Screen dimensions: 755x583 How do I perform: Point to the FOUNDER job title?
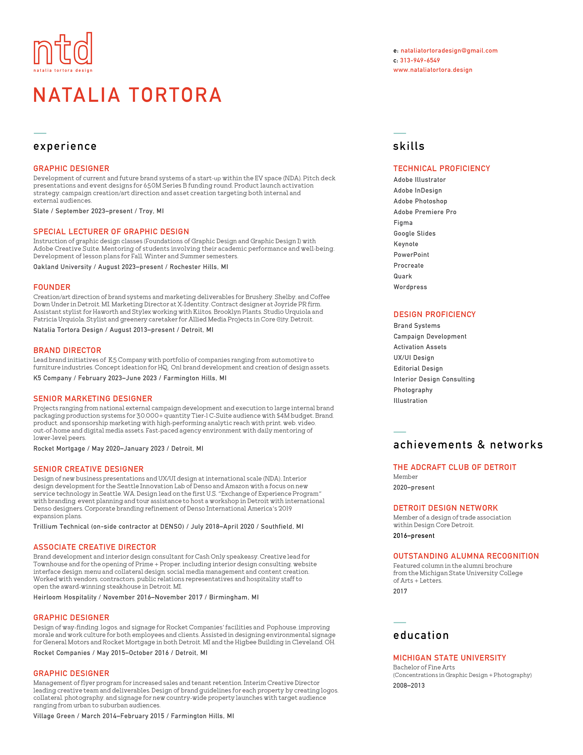[52, 287]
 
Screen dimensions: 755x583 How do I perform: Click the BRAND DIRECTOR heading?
[67, 350]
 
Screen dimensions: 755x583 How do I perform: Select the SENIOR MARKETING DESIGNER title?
[93, 399]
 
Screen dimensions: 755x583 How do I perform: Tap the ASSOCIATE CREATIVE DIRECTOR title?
[95, 547]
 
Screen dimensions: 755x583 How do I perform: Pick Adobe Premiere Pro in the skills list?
[425, 212]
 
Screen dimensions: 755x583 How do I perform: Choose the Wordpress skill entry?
[410, 287]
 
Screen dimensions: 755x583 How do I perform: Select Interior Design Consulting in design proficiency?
[434, 379]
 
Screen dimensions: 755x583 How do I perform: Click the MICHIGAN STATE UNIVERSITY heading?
[449, 658]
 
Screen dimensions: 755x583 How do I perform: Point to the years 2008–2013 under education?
[409, 685]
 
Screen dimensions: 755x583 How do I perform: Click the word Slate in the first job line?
[41, 211]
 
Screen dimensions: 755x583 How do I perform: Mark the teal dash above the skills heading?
[400, 133]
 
